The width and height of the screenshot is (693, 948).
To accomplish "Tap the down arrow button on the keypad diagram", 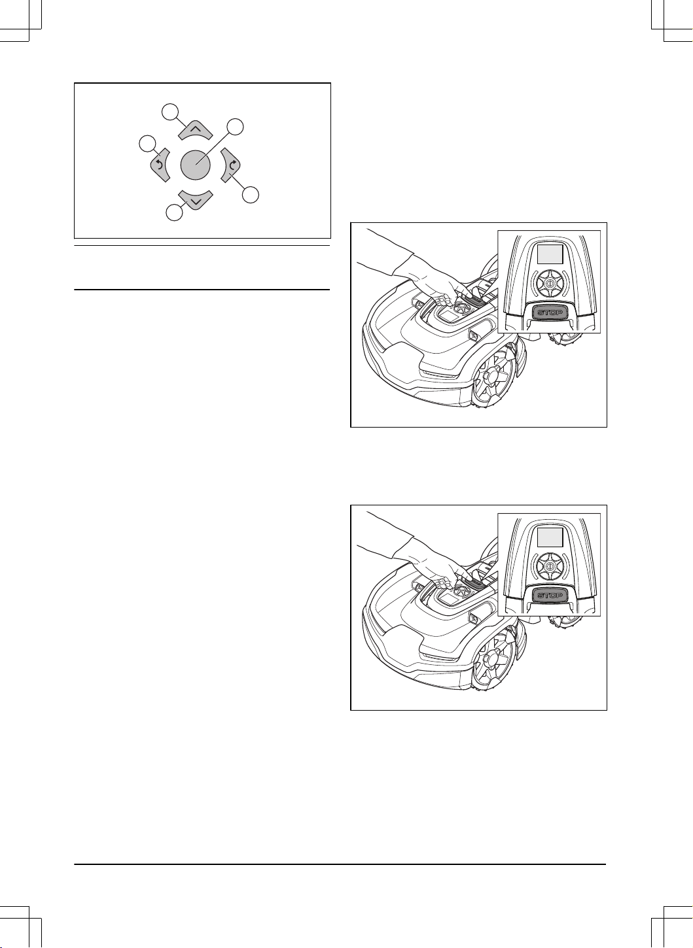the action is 195,199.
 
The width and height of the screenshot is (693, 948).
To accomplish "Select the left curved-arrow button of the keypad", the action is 160,165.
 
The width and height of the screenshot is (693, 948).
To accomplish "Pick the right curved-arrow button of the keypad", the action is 231,165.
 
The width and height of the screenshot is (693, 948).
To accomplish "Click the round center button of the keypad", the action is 195,165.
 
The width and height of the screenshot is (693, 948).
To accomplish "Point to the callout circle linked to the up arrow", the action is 170,111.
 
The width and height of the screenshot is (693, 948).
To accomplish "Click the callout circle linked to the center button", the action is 235,127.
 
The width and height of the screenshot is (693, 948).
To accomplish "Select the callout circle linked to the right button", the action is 251,195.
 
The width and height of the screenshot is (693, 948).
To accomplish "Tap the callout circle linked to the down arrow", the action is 174,212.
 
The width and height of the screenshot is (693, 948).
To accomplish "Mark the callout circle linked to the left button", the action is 147,144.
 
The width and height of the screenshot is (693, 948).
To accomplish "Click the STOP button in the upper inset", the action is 550,313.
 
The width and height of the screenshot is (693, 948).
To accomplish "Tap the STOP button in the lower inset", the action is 550,596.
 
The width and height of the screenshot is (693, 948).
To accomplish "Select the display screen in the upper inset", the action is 550,254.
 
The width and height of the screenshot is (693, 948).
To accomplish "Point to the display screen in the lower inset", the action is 550,537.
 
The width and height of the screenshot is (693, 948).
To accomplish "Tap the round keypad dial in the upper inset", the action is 550,283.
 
